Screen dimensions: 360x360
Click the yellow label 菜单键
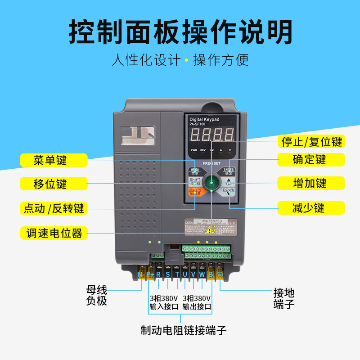point(50,160)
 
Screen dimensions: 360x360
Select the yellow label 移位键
point(50,184)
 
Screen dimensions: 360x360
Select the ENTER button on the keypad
point(229,171)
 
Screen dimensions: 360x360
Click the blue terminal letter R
point(158,274)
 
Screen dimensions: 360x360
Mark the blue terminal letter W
point(202,274)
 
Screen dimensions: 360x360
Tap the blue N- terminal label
point(140,274)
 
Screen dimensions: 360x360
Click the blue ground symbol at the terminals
point(220,274)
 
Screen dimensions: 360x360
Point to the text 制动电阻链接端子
point(183,331)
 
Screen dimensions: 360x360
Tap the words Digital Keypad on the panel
point(203,119)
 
